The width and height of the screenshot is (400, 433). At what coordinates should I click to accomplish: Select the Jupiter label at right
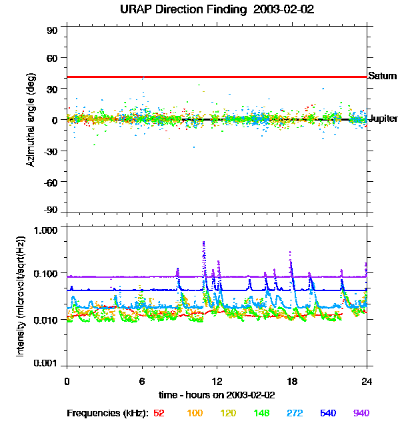[383, 119]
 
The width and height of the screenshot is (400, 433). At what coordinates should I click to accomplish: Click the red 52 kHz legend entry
[159, 413]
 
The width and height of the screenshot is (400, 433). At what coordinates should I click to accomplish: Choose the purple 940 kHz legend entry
[361, 413]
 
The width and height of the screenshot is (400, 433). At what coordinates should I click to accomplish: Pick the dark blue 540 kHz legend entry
[327, 413]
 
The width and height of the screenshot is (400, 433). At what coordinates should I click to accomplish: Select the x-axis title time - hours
[217, 394]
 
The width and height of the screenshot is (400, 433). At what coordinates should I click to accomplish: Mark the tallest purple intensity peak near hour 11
[203, 242]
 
